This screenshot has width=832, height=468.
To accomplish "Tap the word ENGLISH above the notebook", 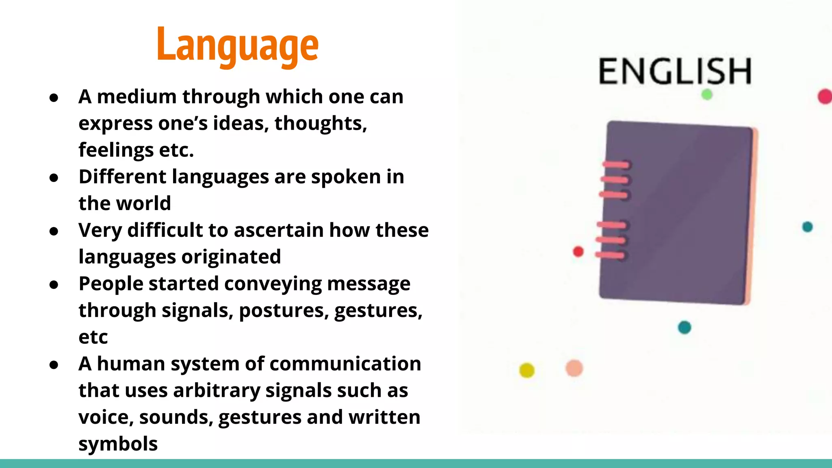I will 675,71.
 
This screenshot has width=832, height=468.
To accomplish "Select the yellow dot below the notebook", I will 527,370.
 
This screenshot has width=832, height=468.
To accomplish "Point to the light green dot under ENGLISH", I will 707,95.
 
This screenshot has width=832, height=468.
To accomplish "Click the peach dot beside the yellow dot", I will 574,368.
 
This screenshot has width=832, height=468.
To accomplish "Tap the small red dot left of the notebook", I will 578,251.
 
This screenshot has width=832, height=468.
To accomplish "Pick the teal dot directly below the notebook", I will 685,327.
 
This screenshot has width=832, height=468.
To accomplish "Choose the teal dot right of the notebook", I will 807,227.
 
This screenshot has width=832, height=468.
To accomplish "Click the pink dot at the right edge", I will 825,97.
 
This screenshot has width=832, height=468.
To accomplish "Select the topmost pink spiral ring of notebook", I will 616,165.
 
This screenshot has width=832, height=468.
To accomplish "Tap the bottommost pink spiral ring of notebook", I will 610,255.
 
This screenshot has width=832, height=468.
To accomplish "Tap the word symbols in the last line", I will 118,444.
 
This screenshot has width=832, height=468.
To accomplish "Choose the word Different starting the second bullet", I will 122,177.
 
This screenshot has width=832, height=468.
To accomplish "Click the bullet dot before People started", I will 54,285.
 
